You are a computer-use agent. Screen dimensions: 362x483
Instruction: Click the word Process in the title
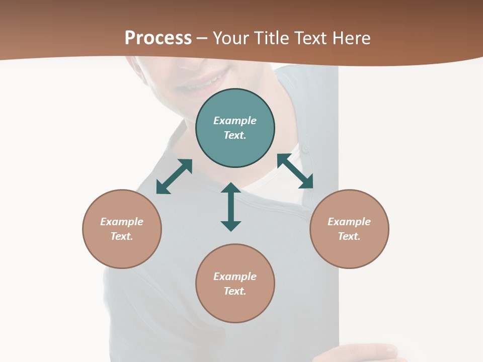158,38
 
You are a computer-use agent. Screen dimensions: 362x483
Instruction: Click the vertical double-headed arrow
231,207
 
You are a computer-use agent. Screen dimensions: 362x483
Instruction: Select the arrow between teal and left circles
174,176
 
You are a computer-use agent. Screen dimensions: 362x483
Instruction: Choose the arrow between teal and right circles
295,171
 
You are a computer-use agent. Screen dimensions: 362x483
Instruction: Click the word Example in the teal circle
235,121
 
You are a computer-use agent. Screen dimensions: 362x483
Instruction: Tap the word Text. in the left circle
122,236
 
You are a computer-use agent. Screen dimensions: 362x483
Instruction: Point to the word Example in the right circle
349,222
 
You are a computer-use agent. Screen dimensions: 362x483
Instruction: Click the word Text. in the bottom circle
235,291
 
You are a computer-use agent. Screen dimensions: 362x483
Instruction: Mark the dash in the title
202,38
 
